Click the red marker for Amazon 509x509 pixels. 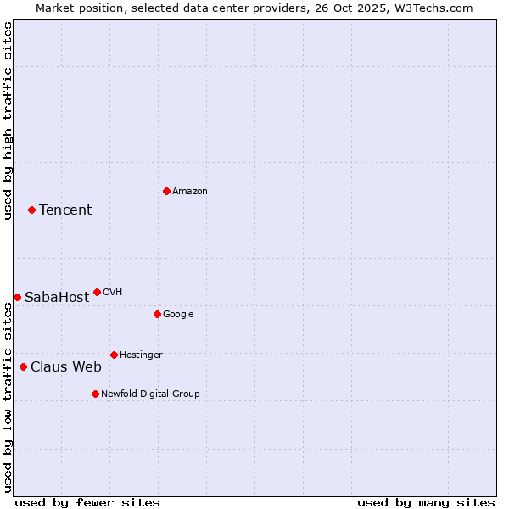coord(166,191)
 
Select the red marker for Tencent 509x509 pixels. coord(31,210)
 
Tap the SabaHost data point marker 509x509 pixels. coord(17,297)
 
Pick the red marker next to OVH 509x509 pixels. coord(97,292)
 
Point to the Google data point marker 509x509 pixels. coord(157,314)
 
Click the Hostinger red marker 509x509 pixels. coord(114,355)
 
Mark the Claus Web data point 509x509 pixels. coord(23,366)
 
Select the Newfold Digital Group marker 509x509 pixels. coord(95,394)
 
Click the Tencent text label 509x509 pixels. coord(65,210)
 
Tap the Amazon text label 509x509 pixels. coord(190,192)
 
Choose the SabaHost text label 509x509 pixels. coord(57,298)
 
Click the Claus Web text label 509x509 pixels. coord(66,367)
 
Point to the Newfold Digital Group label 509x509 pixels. coord(150,394)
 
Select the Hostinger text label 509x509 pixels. coord(141,355)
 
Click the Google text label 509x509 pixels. coord(178,315)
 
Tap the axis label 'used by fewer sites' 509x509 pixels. coord(87,502)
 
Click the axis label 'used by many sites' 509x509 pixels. coord(426,502)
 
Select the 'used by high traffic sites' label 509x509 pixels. coord(8,120)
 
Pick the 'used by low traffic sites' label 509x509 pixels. coord(8,397)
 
